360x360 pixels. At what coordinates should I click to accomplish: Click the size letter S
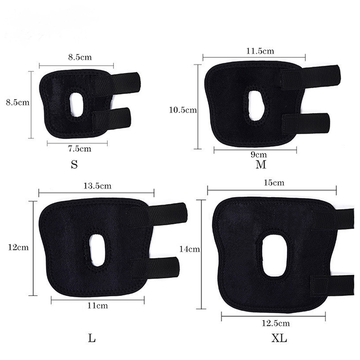point(74,164)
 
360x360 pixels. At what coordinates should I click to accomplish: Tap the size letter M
point(261,164)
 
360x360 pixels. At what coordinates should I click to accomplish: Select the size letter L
point(92,338)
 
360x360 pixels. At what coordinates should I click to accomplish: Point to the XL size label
point(279,338)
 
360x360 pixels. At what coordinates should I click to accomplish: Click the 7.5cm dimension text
point(80,149)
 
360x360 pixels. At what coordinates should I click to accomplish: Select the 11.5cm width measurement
point(260,51)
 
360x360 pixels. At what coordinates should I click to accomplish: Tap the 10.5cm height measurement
point(183,110)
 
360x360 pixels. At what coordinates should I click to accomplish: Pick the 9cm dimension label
point(258,154)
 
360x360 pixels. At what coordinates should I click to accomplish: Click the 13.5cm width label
point(97,185)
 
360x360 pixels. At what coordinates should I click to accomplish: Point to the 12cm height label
point(18,247)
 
